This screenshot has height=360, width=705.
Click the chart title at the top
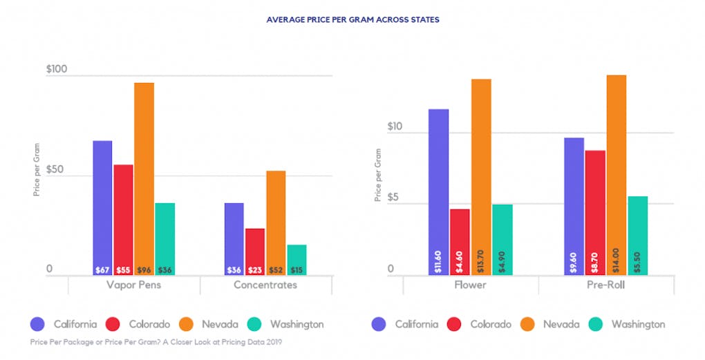[352, 20]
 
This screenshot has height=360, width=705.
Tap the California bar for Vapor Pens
[102, 207]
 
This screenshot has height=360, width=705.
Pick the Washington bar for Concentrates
[297, 259]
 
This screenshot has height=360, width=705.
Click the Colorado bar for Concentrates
[255, 252]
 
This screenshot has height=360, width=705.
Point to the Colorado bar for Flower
[460, 241]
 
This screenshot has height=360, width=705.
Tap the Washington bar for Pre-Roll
[637, 235]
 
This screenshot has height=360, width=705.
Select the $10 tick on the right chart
[395, 126]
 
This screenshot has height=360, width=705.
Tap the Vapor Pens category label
[134, 285]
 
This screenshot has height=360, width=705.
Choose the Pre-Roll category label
[606, 285]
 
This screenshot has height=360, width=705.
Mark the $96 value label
[144, 269]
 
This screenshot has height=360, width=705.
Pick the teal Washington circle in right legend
[599, 323]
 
